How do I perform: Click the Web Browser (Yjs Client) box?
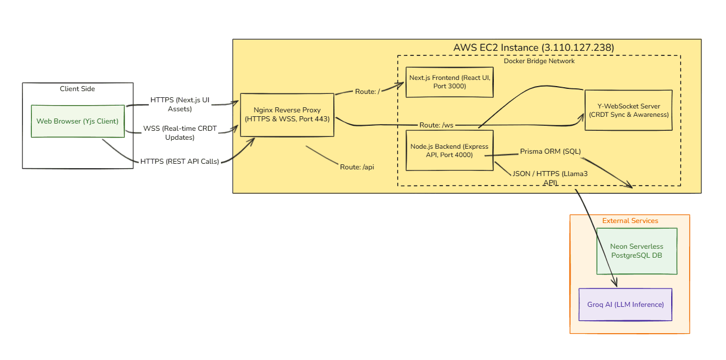click(x=77, y=121)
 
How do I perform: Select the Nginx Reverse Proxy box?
click(x=287, y=115)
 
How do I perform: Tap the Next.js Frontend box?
click(x=450, y=82)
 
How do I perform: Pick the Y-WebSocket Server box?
click(x=628, y=110)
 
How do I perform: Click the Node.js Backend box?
click(x=450, y=150)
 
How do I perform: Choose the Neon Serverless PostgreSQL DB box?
click(x=637, y=251)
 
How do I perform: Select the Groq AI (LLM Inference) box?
click(x=625, y=305)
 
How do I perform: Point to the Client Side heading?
click(x=77, y=89)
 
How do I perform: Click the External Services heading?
click(x=630, y=221)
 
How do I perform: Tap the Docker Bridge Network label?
click(x=539, y=61)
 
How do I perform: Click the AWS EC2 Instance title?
click(x=533, y=48)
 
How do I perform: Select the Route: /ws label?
click(x=436, y=125)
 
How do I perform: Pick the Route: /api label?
click(x=356, y=167)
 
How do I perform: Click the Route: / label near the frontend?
click(x=367, y=91)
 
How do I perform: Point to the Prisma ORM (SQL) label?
click(x=550, y=151)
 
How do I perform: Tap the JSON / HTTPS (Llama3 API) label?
click(x=550, y=178)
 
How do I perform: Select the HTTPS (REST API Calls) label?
click(x=179, y=162)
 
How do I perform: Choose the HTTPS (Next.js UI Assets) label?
click(x=179, y=105)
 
